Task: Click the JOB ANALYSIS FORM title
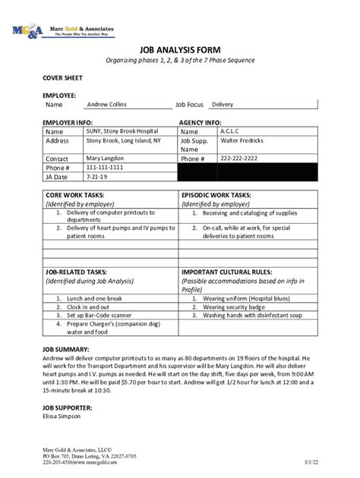pyautogui.click(x=179, y=48)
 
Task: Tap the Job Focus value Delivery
pyautogui.click(x=222, y=105)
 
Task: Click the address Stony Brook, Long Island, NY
pyautogui.click(x=123, y=140)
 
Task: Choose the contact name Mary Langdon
pyautogui.click(x=106, y=158)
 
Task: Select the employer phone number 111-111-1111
pyautogui.click(x=104, y=167)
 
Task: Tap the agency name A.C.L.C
pyautogui.click(x=230, y=131)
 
